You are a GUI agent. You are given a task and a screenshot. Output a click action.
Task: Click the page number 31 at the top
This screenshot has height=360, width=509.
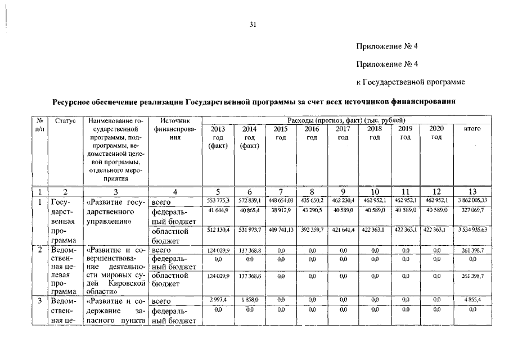[x=253, y=24]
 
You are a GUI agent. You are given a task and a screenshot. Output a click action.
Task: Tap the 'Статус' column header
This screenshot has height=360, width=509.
[x=65, y=121]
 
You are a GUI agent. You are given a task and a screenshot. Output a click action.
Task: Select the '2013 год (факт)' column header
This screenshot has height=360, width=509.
[x=217, y=138]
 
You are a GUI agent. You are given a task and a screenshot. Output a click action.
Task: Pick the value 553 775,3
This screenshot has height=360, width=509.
[x=217, y=200]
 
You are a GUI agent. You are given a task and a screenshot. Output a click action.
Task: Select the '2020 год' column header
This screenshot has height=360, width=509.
[x=436, y=133]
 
